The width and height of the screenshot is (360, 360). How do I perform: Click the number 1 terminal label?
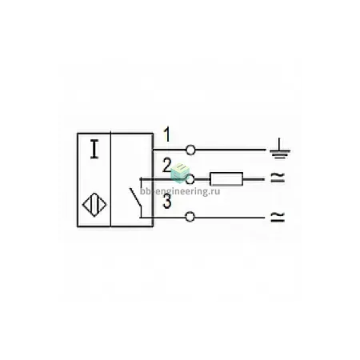tap(167, 134)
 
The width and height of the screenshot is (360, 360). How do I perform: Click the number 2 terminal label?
tap(166, 166)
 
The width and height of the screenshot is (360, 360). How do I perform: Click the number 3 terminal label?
tap(167, 202)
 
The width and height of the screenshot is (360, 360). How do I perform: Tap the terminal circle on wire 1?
tap(190, 150)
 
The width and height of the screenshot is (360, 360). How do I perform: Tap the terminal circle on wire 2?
tap(190, 179)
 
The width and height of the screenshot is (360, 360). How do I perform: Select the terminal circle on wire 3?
tap(190, 217)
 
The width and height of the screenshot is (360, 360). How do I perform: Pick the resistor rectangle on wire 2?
tap(226, 179)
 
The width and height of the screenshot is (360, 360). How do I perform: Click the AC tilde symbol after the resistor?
tap(278, 178)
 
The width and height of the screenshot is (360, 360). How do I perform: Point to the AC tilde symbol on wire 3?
tap(278, 217)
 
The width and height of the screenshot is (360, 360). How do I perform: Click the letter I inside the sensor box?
tap(94, 150)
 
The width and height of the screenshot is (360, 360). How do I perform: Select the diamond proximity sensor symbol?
tap(94, 205)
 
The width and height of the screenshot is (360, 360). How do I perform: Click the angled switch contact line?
tap(135, 198)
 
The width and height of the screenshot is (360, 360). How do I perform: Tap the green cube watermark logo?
tap(180, 173)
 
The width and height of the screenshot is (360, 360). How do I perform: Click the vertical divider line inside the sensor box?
tap(110, 179)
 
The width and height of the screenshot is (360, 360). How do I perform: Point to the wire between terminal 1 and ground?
tap(230, 150)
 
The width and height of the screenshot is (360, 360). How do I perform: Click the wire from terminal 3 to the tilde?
tap(230, 218)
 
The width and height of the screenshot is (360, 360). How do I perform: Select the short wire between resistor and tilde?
tap(254, 179)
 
